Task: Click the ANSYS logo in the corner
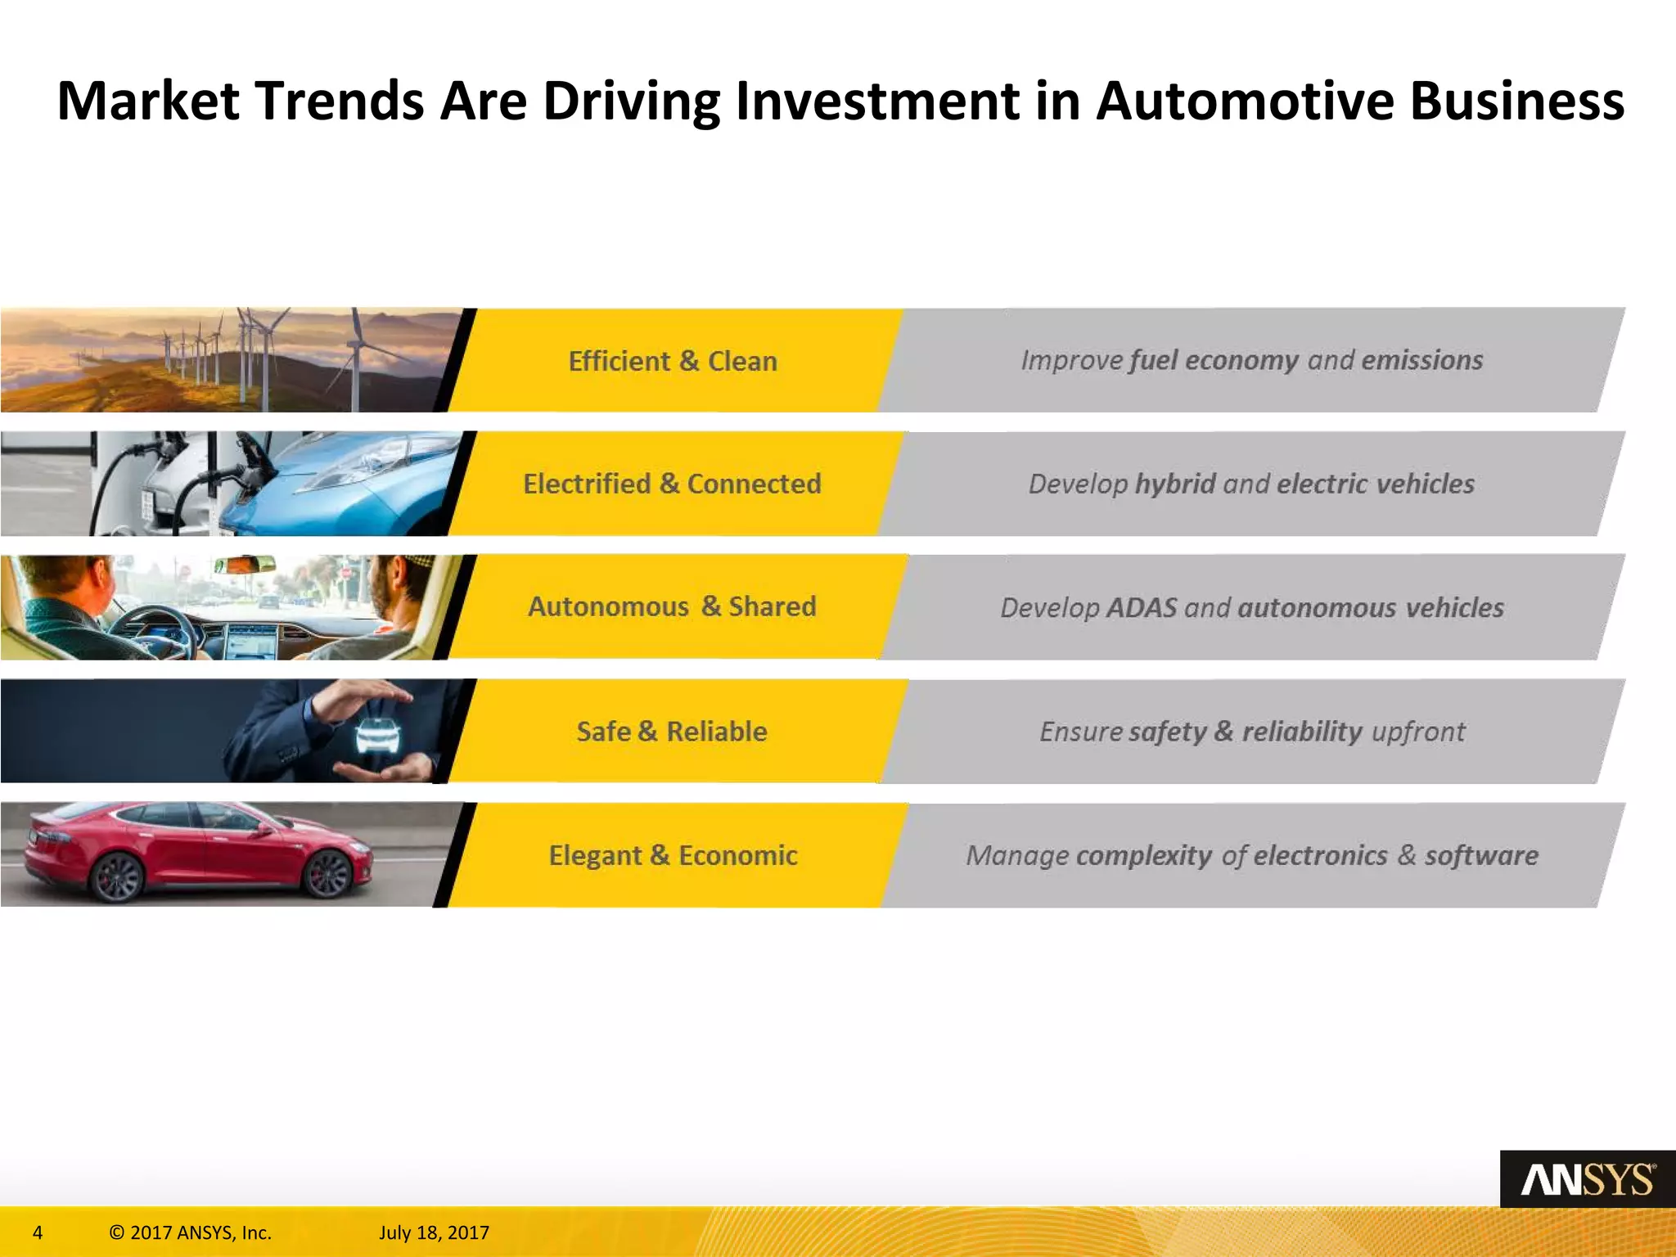(1587, 1179)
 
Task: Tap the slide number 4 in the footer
(38, 1232)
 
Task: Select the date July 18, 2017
(434, 1232)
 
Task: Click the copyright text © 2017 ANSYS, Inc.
(190, 1232)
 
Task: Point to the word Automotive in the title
(1245, 101)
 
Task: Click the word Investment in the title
(876, 101)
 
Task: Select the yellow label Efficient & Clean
(673, 361)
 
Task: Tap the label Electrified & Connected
(673, 484)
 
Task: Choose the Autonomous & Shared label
(673, 606)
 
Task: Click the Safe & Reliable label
(673, 731)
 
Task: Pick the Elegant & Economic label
(673, 855)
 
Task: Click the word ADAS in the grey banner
(1142, 608)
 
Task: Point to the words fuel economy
(1214, 361)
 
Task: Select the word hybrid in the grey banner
(1175, 484)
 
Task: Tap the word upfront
(1418, 731)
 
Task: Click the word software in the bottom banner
(1481, 855)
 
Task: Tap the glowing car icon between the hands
(377, 734)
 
